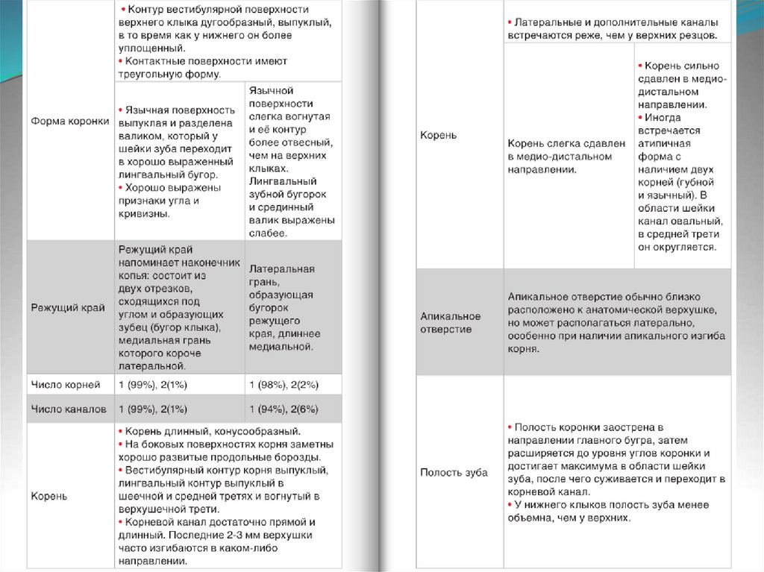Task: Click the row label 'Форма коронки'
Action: (x=70, y=121)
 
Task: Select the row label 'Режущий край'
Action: (x=68, y=307)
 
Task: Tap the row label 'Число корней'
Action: (x=65, y=385)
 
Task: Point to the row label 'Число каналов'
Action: (x=68, y=409)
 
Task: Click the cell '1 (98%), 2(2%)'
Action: (x=284, y=385)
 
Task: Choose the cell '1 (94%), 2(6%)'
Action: (x=284, y=409)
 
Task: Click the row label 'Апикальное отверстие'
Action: (x=451, y=322)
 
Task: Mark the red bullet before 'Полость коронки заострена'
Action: (x=510, y=427)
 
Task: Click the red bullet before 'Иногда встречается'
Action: (x=640, y=118)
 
